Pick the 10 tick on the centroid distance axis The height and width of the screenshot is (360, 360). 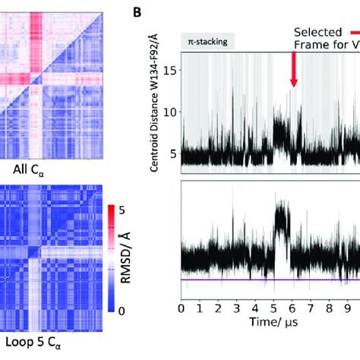click(171, 112)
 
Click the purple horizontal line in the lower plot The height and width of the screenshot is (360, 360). click(266, 279)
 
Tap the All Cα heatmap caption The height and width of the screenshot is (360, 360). click(30, 168)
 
